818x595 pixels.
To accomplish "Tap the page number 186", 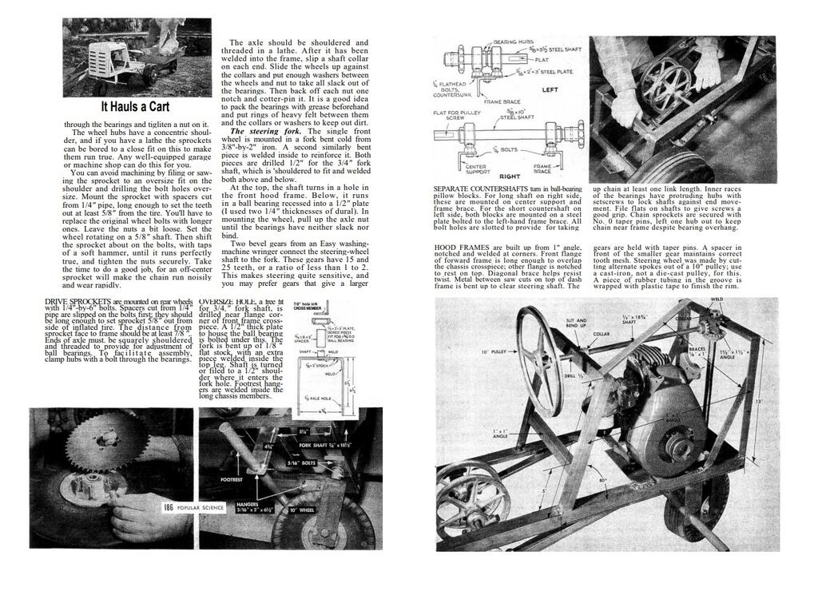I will [169, 507].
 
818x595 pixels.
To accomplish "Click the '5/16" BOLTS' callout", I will [312, 462].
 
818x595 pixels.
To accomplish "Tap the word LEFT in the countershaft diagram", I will [550, 90].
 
